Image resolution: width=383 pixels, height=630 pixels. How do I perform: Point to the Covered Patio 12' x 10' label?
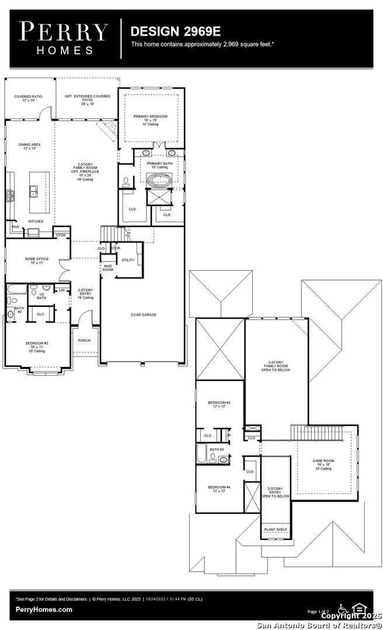(x=29, y=99)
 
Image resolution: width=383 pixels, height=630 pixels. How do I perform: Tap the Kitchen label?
(x=36, y=222)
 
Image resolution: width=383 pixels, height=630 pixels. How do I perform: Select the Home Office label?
(x=37, y=261)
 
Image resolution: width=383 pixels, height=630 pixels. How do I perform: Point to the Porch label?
(x=84, y=340)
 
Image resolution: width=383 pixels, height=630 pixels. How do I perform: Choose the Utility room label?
(x=128, y=260)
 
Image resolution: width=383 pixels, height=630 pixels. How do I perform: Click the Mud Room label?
(x=108, y=268)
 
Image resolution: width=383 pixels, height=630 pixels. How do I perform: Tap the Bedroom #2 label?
(x=37, y=345)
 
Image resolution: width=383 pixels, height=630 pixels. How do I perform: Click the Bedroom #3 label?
(x=220, y=404)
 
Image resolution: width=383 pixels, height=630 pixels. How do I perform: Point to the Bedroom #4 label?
(x=220, y=488)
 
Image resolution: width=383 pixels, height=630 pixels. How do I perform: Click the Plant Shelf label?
(x=274, y=530)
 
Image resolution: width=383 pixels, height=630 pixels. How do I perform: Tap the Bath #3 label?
(x=217, y=450)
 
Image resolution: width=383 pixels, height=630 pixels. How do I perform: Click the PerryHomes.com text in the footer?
(x=44, y=610)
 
